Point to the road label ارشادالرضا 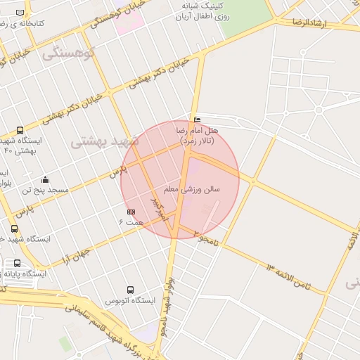pyautogui.click(x=309, y=23)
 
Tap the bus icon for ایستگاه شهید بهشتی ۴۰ pyautogui.click(x=19, y=130)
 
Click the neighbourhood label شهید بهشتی pyautogui.click(x=105, y=141)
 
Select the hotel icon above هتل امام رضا pyautogui.click(x=196, y=120)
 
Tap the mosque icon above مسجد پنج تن pyautogui.click(x=46, y=180)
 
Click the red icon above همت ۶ pyautogui.click(x=131, y=211)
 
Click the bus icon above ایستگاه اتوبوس pyautogui.click(x=130, y=290)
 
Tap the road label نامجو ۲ pyautogui.click(x=207, y=236)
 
